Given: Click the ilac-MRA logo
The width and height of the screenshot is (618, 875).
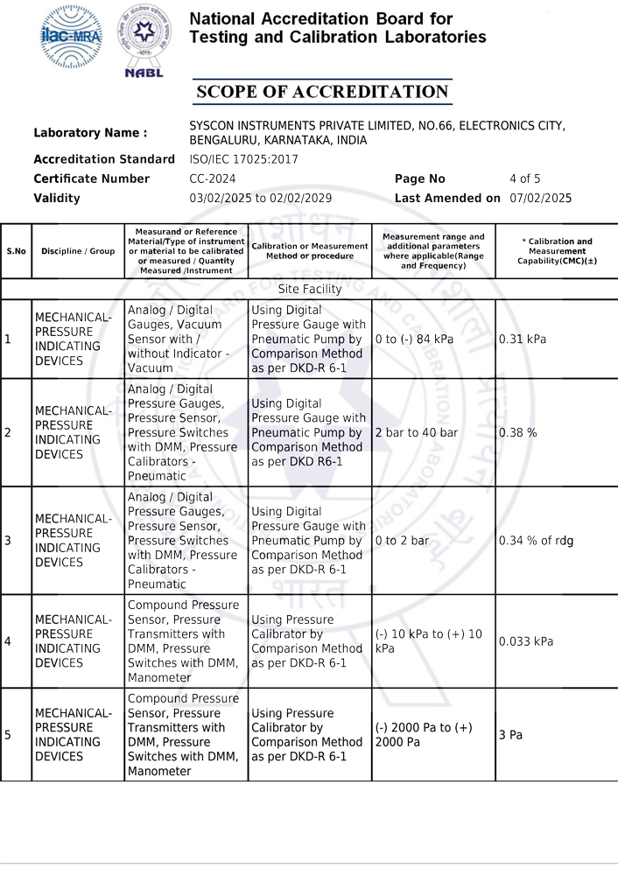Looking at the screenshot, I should click(x=72, y=37).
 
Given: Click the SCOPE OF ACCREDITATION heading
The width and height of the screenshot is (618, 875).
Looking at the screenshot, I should click(x=322, y=92).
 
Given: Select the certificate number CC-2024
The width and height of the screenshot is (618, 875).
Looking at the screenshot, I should click(x=212, y=178).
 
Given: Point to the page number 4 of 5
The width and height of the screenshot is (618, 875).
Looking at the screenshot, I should click(x=525, y=178).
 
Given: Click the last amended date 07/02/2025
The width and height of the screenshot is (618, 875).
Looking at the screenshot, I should click(x=540, y=198).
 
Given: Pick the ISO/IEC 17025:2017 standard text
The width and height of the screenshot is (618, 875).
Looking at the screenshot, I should click(x=243, y=159).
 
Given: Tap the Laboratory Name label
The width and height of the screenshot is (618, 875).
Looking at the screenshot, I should click(x=90, y=133).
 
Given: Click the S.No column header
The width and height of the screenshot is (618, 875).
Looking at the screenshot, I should click(x=16, y=251).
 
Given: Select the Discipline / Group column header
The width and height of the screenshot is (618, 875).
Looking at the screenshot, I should click(x=78, y=251).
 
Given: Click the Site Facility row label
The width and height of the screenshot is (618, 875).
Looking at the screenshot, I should click(x=309, y=289).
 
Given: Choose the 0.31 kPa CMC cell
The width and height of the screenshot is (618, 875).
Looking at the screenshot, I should click(x=523, y=339).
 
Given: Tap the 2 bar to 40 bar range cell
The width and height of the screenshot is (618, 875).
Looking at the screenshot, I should click(x=416, y=432).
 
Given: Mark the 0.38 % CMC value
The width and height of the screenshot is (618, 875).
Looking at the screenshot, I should click(x=518, y=432).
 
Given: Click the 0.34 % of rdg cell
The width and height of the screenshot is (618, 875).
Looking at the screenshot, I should click(x=536, y=541).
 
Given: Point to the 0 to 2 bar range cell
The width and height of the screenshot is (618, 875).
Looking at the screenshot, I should click(x=402, y=541).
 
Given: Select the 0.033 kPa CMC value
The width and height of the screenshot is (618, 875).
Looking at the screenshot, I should click(x=526, y=641).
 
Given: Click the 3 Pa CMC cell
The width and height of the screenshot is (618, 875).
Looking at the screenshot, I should click(x=510, y=735).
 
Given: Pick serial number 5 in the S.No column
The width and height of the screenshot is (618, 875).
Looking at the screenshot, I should click(x=8, y=735).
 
